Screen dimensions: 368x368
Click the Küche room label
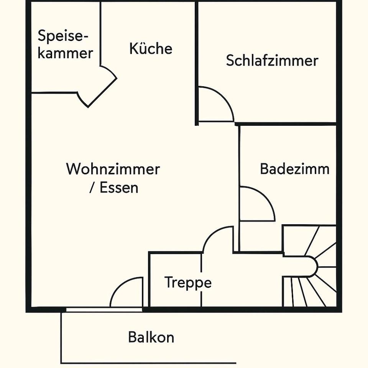pos(151,49)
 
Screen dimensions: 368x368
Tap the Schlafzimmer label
pos(272,61)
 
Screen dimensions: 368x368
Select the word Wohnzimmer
pos(113,169)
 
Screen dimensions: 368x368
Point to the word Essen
pos(119,188)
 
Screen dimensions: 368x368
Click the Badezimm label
pos(294,169)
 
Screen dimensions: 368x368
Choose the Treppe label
pos(188,283)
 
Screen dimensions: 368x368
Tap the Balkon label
pos(151,337)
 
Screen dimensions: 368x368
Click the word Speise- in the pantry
pos(63,37)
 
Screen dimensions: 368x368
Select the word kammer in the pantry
pos(66,53)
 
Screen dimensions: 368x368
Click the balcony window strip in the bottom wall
pos(103,309)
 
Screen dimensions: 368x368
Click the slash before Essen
pos(92,188)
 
